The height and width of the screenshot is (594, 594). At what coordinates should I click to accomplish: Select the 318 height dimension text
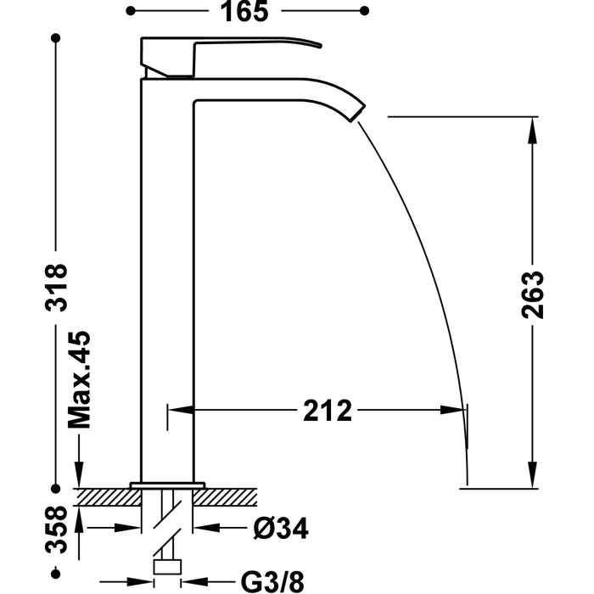[x=55, y=288]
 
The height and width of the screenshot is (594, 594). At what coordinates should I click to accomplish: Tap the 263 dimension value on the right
[x=532, y=294]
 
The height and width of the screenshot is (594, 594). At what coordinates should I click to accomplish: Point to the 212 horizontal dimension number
[x=328, y=411]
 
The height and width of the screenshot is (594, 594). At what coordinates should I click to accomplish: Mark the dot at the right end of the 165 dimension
[x=365, y=10]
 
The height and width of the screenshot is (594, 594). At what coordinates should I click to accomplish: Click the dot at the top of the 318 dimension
[x=56, y=38]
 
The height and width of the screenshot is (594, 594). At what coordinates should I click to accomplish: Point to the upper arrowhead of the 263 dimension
[x=532, y=127]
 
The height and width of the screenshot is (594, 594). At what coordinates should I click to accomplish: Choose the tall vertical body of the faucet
[x=166, y=280]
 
